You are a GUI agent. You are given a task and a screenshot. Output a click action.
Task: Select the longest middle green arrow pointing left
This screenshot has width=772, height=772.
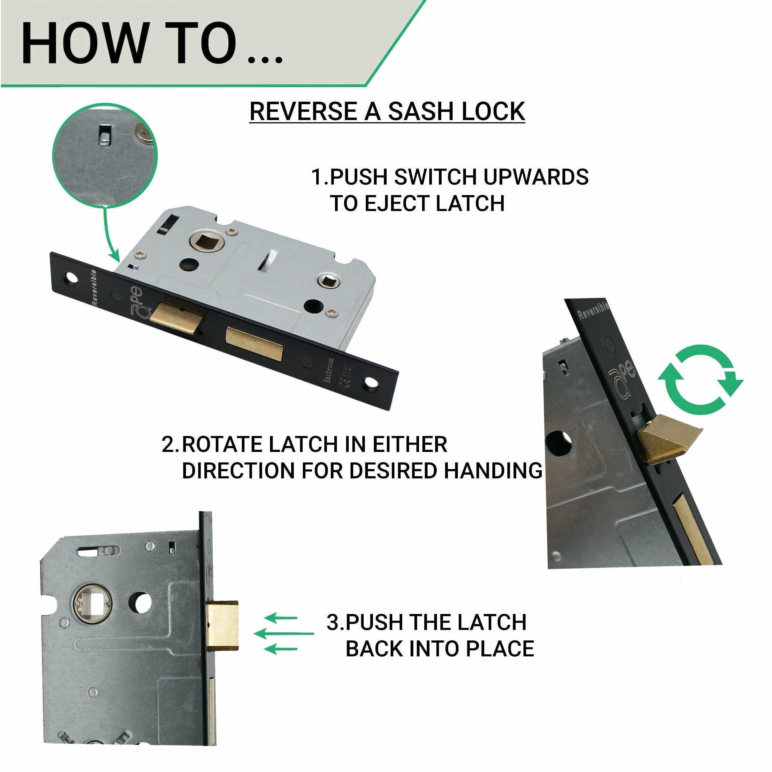click(284, 633)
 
